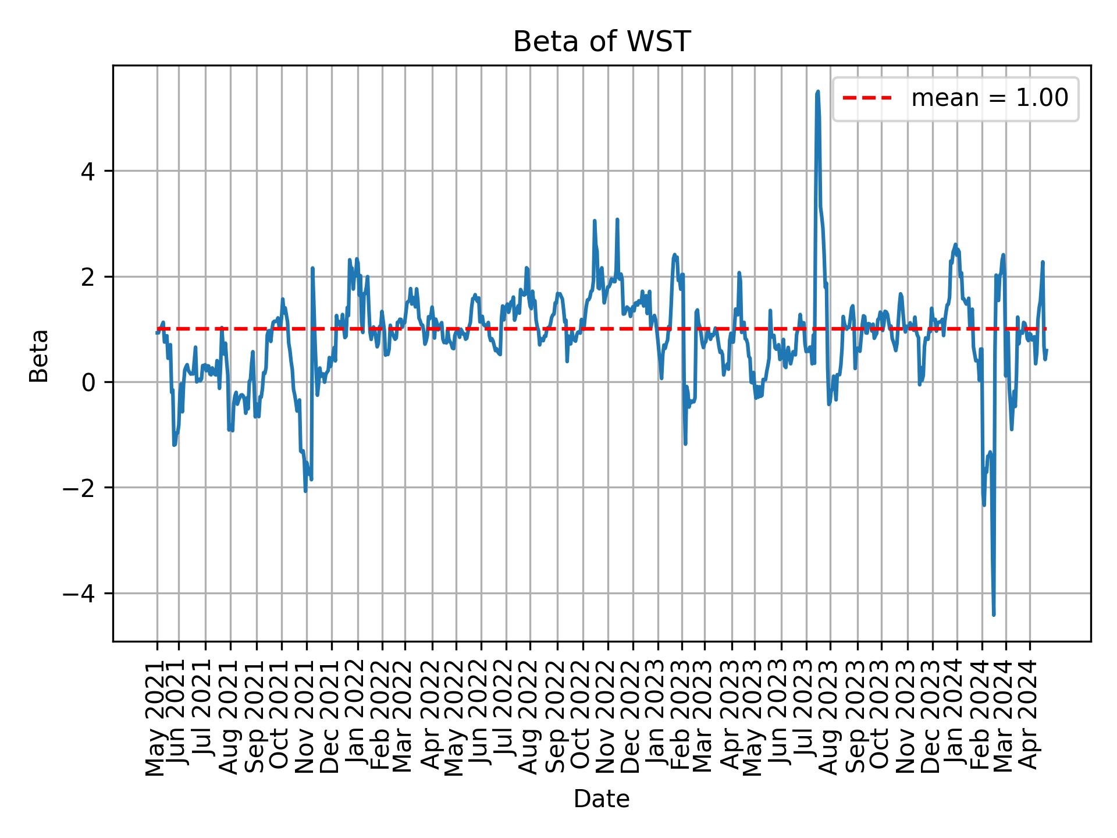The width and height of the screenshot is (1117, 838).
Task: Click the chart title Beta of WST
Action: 601,42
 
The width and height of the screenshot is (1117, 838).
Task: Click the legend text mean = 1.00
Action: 989,98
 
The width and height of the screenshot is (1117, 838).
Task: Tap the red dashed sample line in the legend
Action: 867,98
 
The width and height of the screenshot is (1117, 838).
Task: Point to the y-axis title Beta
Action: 39,356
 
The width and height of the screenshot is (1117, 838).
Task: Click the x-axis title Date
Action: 601,800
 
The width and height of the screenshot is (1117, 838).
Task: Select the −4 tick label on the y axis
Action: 81,594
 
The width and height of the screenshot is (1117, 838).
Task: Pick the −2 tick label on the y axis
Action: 81,488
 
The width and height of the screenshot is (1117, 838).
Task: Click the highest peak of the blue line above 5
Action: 817,92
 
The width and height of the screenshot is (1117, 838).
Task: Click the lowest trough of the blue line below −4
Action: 994,614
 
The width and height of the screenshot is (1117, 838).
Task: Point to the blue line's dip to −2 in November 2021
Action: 305,491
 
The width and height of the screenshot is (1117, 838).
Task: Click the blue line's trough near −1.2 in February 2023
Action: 685,444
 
